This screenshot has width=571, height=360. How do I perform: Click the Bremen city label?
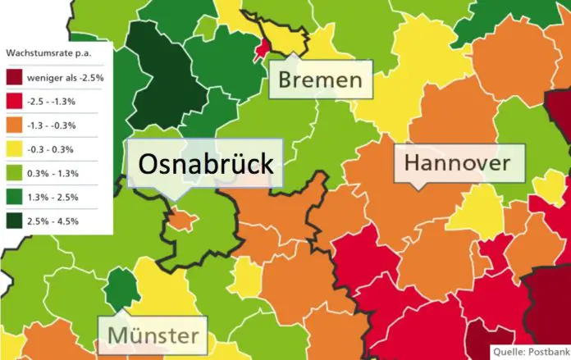coord(320,80)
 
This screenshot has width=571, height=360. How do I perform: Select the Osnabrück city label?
coord(205,164)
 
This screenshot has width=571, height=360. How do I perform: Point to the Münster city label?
coord(153,335)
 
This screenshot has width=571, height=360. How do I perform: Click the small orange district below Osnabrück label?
coord(182,220)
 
